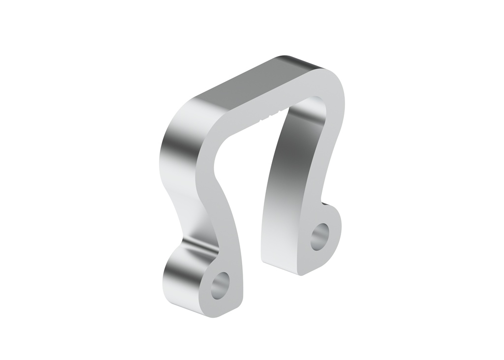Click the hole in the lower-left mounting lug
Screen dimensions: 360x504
(220, 285)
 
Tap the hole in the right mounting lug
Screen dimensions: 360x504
(321, 236)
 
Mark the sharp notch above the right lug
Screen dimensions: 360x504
(323, 202)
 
